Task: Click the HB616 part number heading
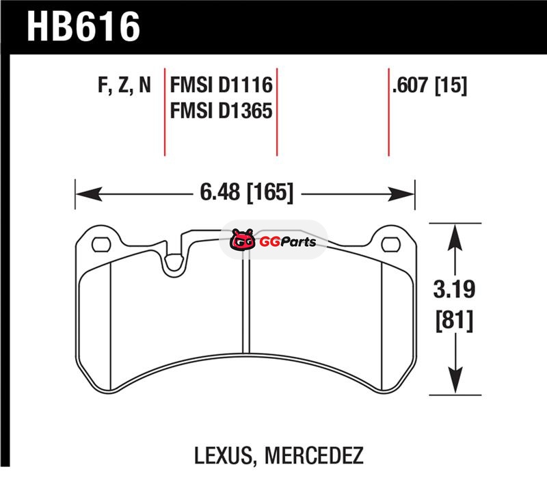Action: pos(83,27)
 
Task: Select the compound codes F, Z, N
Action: pos(124,85)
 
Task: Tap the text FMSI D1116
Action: pos(221,85)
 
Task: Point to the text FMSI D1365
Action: pos(221,111)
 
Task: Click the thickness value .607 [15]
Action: pos(429,85)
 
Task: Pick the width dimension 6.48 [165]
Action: pos(246,192)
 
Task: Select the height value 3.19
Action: pos(454,289)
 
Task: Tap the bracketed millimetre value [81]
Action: pos(455,321)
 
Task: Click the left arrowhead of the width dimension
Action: pos(89,194)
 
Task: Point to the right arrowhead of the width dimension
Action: pos(401,194)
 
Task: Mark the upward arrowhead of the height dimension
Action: pos(455,237)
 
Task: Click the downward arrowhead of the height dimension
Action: pos(455,381)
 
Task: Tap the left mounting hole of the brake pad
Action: pos(101,244)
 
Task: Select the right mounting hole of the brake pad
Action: pos(390,244)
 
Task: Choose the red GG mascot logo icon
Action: pos(243,239)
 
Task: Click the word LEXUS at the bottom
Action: pos(223,455)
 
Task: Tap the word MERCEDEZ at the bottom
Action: pos(314,455)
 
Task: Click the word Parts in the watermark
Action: pos(297,242)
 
